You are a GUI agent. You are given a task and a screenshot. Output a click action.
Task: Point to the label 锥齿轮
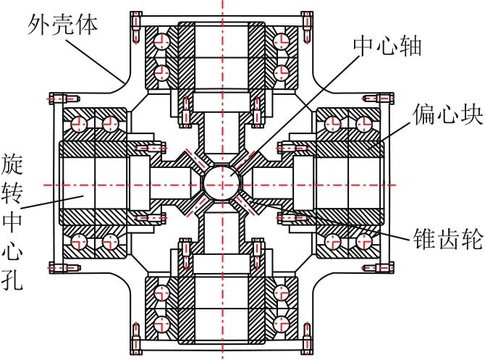448,239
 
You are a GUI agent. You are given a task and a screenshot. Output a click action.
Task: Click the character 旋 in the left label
12,164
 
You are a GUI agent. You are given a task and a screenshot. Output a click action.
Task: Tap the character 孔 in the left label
12,279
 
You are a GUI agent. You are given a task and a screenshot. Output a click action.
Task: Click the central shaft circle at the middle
222,183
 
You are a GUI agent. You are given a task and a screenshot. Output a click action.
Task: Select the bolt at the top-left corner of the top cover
136,28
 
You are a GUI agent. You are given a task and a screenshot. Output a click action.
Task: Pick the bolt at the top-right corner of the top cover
307,28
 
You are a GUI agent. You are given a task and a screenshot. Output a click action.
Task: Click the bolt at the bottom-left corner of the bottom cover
136,338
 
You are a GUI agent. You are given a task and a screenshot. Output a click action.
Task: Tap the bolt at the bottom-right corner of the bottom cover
307,338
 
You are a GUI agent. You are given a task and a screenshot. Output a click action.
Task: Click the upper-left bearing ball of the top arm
161,41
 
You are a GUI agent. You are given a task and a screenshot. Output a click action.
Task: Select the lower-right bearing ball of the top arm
281,73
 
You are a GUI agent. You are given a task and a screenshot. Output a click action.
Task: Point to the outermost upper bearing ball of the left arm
79,124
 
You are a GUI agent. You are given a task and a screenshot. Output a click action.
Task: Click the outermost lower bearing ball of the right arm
364,241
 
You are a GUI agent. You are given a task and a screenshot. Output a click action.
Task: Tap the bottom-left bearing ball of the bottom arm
161,324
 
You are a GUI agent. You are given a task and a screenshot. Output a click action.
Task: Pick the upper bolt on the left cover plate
64,99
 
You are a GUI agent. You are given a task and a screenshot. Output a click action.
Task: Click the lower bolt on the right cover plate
378,267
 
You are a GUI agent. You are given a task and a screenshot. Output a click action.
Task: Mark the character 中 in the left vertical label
12,221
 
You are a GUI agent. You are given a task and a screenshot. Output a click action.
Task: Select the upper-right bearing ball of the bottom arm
281,292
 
